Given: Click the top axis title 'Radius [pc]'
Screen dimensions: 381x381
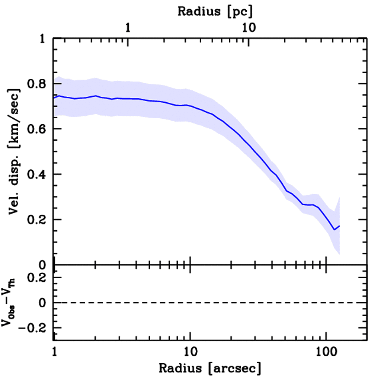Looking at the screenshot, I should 215,11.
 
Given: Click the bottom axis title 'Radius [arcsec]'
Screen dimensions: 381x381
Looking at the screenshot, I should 210,368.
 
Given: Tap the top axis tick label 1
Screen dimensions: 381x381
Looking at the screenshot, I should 128,28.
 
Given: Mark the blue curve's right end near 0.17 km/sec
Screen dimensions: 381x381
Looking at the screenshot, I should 339,226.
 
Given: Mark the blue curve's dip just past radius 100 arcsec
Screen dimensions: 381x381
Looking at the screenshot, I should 334,230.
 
